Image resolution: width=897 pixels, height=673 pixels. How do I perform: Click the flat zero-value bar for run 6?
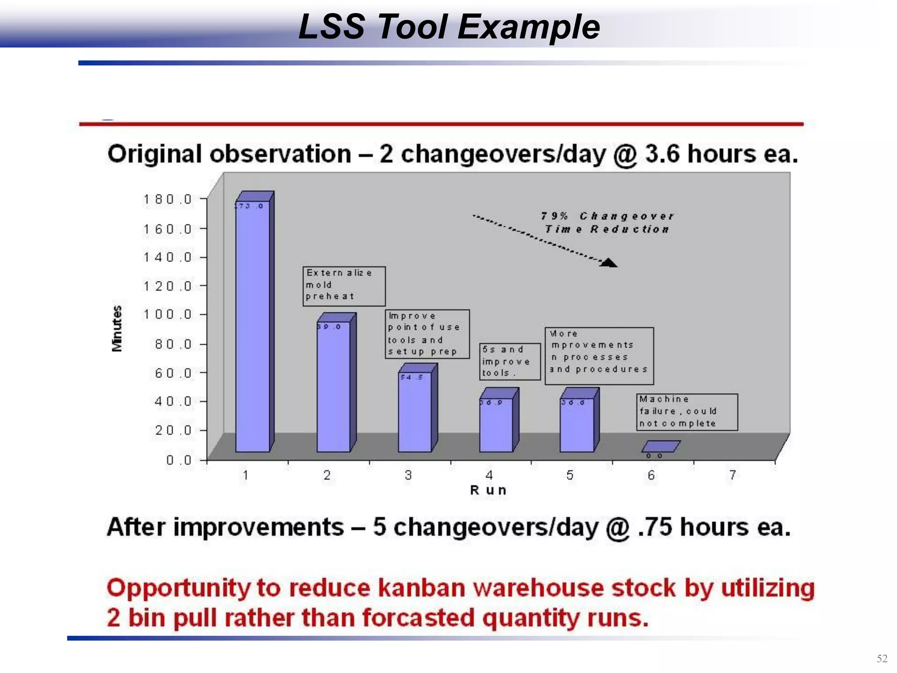(x=660, y=446)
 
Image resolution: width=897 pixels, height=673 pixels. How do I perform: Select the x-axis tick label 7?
(x=732, y=475)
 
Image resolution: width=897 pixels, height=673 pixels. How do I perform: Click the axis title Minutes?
(x=117, y=329)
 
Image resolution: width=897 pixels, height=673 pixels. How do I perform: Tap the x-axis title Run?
(x=488, y=490)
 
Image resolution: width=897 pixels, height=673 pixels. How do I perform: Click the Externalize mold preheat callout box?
(x=344, y=286)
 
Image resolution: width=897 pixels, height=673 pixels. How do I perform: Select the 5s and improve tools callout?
(x=509, y=361)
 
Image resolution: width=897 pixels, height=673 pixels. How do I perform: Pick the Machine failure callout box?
(x=686, y=412)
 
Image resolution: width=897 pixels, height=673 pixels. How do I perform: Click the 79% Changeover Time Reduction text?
(x=607, y=223)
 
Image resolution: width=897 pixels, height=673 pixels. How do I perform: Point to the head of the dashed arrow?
(x=609, y=263)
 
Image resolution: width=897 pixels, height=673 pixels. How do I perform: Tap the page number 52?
(x=882, y=659)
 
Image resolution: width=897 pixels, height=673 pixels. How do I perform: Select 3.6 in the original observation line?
(x=662, y=154)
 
